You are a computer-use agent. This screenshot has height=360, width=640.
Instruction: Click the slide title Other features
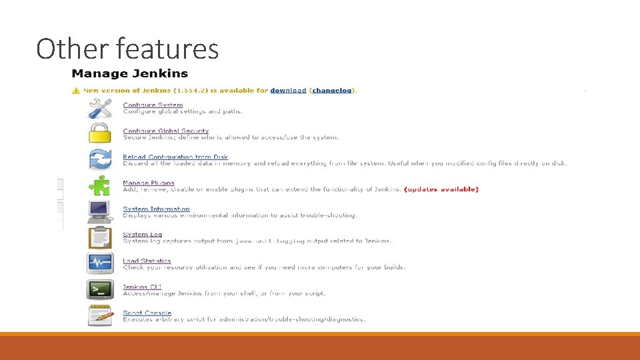[127, 49]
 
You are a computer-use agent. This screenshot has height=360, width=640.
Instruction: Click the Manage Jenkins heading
[130, 74]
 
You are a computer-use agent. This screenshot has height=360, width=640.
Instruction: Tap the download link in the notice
[288, 91]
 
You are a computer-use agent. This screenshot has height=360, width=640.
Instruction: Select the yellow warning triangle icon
[77, 91]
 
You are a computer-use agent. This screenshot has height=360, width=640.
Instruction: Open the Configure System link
[153, 105]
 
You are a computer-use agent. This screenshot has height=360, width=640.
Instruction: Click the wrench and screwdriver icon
[100, 108]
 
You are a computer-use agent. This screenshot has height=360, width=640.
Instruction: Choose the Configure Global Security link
[165, 131]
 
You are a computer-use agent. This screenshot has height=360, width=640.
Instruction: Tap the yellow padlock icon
[100, 133]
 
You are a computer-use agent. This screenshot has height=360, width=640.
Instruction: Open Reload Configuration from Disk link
[175, 157]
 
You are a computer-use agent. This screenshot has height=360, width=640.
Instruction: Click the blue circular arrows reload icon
[100, 159]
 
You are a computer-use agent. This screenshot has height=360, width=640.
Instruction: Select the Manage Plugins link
[148, 183]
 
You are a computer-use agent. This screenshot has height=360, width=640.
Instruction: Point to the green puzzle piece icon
[100, 185]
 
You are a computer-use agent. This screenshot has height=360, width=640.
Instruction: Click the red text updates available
[441, 189]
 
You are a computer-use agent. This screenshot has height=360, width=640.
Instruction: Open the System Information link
[156, 209]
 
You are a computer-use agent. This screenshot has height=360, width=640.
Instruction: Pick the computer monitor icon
[100, 211]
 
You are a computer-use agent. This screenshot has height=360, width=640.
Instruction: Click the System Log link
[142, 235]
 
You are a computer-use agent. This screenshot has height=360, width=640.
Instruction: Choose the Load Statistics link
[147, 261]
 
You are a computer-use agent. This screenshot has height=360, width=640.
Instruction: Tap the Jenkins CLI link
[142, 287]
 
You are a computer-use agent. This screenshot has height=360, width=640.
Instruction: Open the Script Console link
[147, 313]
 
